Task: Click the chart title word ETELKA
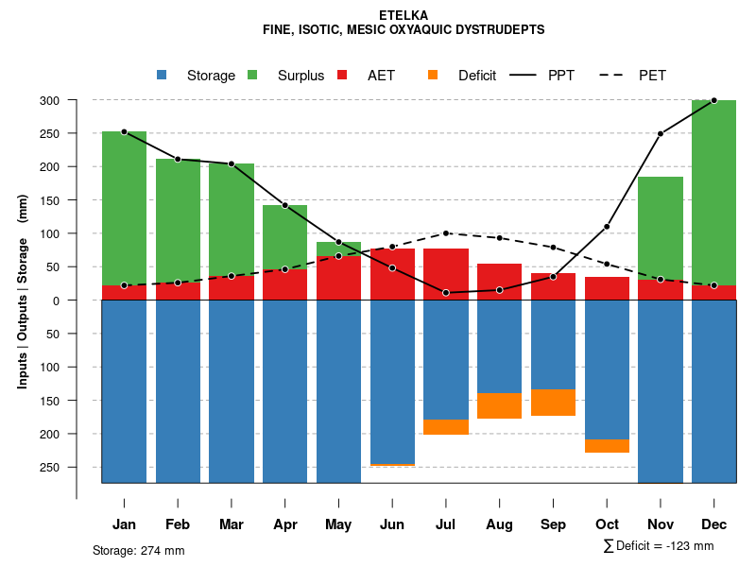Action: click(x=403, y=15)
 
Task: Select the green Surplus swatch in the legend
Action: click(x=253, y=76)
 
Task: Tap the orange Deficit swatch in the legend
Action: click(x=434, y=76)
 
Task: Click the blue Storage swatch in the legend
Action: click(x=163, y=76)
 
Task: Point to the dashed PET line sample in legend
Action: click(x=615, y=76)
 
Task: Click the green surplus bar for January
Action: click(x=124, y=208)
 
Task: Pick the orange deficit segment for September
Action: click(x=553, y=403)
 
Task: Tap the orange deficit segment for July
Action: click(x=446, y=427)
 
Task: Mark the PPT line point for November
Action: click(x=661, y=134)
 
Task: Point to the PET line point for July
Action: click(x=446, y=233)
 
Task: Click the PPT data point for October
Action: click(x=607, y=227)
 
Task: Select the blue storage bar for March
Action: click(x=232, y=391)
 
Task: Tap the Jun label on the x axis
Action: click(x=392, y=524)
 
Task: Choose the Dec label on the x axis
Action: click(x=713, y=524)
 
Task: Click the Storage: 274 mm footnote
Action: click(x=139, y=550)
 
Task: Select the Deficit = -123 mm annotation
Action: click(x=658, y=546)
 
